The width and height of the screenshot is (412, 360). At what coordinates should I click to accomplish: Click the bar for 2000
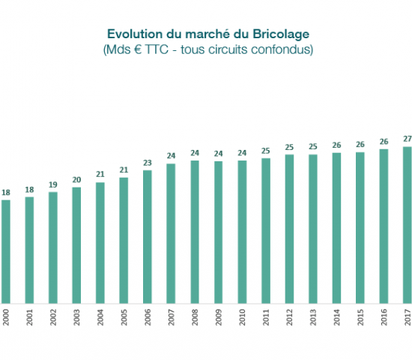point(6,251)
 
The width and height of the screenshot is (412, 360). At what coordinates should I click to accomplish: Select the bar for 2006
point(148,236)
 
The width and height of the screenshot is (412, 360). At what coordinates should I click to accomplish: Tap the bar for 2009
point(219,232)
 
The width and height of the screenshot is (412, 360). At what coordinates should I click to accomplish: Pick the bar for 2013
point(313,229)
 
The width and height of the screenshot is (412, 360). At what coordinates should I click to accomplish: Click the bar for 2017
point(408,224)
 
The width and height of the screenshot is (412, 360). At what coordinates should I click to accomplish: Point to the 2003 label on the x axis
point(77,318)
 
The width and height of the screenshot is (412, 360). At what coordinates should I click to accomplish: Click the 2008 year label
point(196,318)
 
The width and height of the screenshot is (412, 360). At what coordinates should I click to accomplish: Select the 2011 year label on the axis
point(266,318)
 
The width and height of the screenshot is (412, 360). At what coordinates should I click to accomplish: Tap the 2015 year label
point(360,318)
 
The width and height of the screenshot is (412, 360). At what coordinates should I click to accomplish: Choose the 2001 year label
point(30,318)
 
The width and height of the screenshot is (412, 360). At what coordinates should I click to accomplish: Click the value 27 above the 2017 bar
point(408,139)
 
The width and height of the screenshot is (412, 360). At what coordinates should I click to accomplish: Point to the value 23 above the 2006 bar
point(148,163)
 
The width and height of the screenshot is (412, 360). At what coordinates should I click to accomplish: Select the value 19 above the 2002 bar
point(53,184)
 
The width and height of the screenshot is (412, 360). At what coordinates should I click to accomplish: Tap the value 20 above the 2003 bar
point(77,180)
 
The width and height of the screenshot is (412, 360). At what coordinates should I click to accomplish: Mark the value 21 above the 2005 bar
point(124,170)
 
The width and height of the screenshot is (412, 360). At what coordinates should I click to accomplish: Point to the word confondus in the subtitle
point(284,50)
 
